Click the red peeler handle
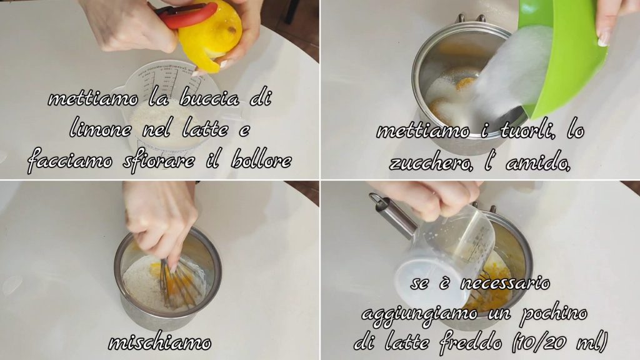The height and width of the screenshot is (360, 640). coord(186,16)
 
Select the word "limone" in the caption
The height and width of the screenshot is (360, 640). coord(101,130)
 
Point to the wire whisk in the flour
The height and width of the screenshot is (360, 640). coord(179,282)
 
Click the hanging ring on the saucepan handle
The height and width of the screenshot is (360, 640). coord(376,199)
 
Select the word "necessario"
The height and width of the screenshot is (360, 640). coord(505,283)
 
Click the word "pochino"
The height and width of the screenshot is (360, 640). coord(554,314)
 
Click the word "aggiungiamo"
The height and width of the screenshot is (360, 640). coord(420,315)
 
